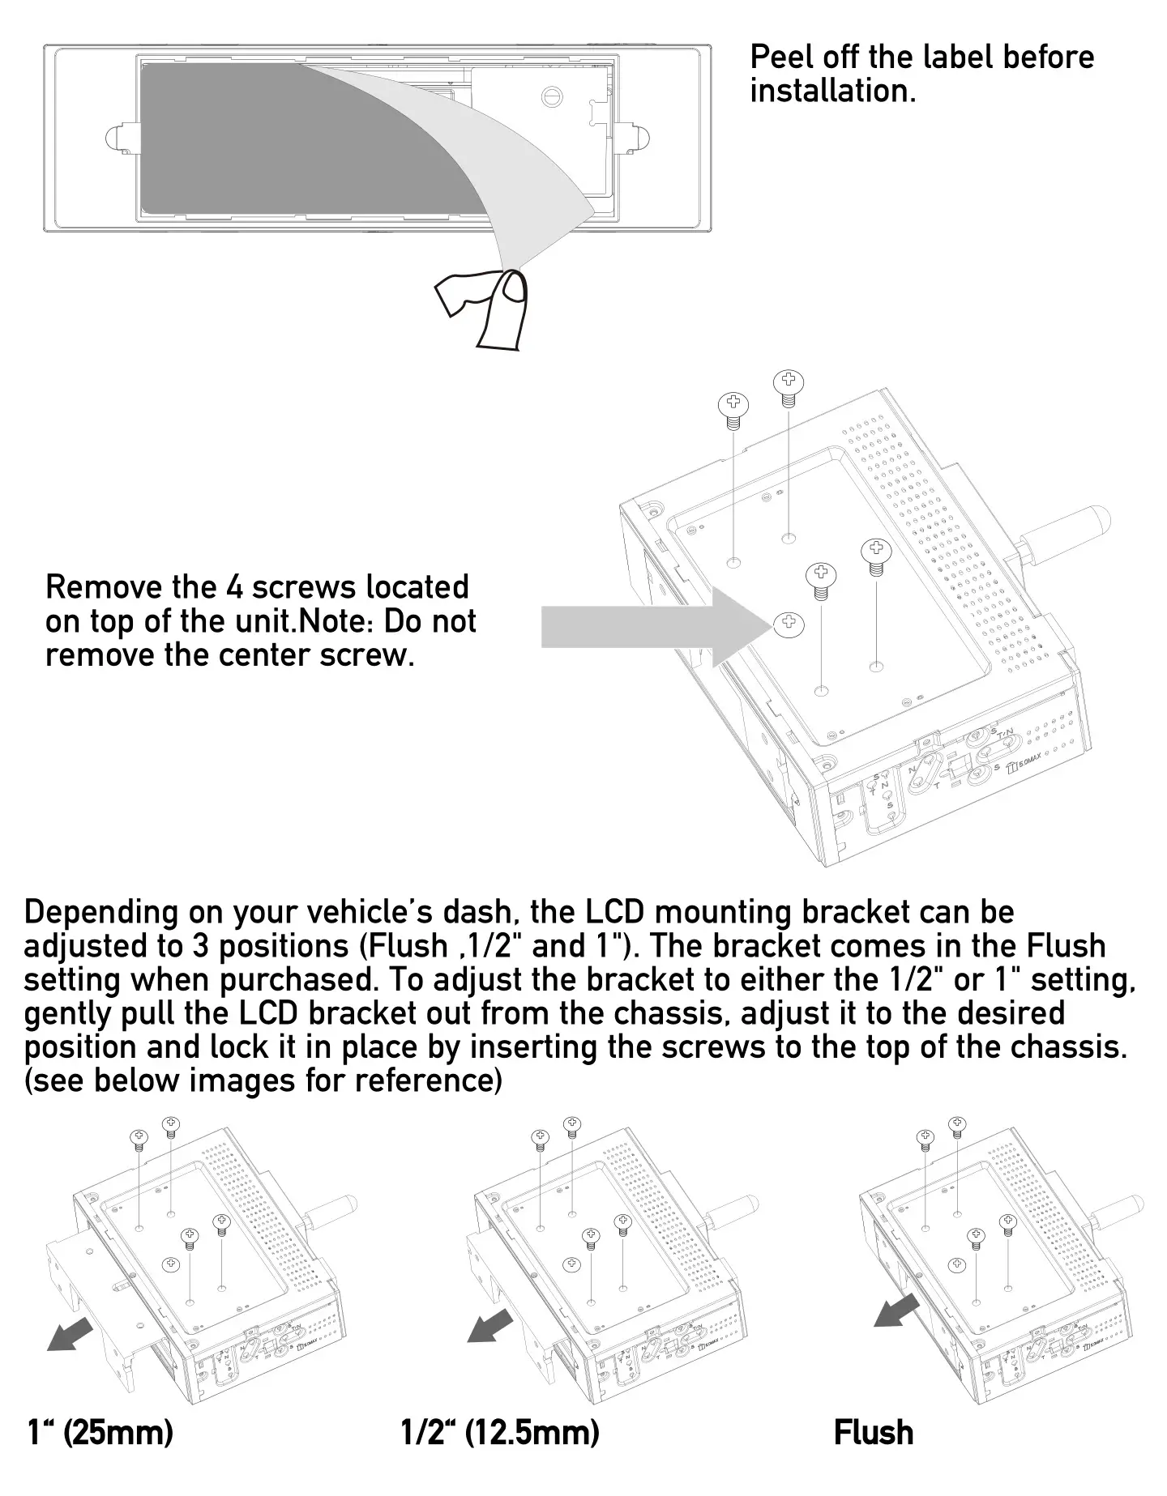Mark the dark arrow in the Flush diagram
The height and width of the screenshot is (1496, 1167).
click(897, 1310)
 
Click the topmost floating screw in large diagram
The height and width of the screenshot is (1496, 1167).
click(787, 383)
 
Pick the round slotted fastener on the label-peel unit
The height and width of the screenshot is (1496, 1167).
click(551, 96)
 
